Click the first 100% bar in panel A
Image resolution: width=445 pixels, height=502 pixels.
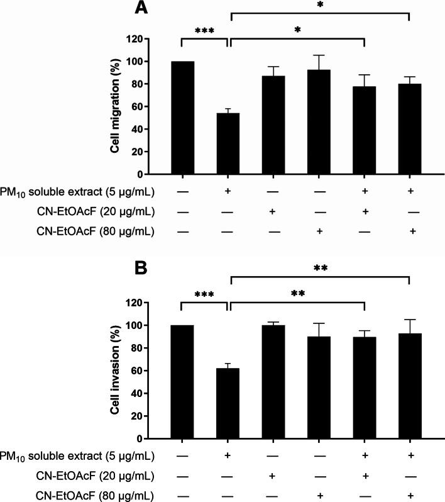182,118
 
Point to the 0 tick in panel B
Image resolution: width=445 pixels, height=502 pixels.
154,438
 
